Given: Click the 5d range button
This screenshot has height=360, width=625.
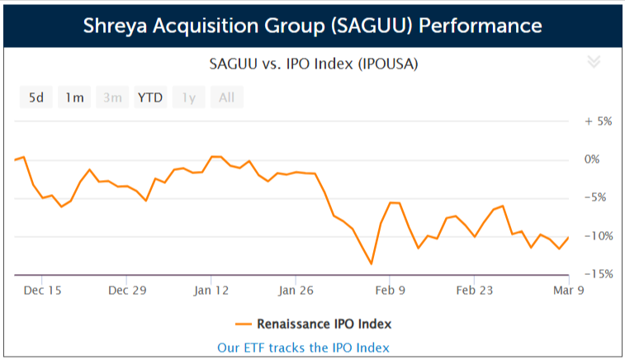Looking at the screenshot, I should tap(36, 97).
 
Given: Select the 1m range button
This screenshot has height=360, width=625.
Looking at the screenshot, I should tap(75, 97).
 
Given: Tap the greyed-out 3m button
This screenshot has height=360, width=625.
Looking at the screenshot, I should tap(112, 97).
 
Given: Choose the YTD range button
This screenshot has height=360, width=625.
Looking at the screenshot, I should tap(150, 97).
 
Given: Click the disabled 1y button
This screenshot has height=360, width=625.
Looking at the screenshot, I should tap(189, 97).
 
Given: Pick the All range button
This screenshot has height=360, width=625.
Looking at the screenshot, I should tap(226, 97).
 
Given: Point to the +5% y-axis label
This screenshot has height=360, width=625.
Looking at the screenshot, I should tap(598, 121).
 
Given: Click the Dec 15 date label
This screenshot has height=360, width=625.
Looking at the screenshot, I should tap(43, 291).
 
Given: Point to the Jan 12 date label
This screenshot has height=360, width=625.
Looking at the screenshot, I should tap(212, 291).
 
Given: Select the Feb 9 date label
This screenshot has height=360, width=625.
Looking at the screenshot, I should tap(390, 291).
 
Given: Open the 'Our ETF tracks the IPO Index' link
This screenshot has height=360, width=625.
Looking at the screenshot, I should tap(303, 348).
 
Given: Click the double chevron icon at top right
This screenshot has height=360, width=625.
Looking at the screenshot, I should tap(594, 62).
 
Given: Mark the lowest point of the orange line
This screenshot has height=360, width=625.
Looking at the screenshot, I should tap(372, 263).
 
